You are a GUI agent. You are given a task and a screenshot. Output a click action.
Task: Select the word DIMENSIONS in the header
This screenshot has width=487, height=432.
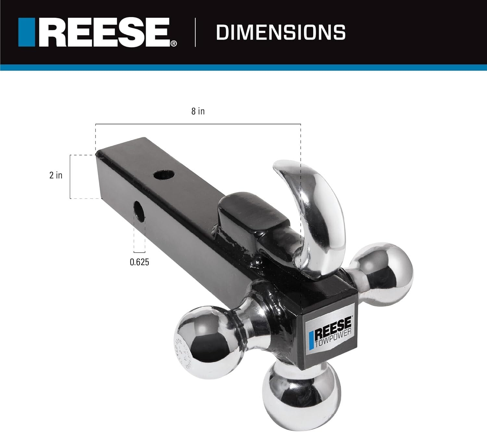click(x=281, y=33)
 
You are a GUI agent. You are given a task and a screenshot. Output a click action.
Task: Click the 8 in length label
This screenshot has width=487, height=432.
click(x=198, y=111)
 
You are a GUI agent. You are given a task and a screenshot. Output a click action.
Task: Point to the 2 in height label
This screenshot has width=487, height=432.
click(x=56, y=175)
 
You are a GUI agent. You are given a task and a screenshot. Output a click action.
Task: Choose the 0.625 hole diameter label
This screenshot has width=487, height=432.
click(x=139, y=262)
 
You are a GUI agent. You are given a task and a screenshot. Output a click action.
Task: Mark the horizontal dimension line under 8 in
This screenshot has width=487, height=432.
click(x=198, y=124)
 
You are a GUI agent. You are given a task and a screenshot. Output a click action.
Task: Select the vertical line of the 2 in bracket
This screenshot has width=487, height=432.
click(x=70, y=177)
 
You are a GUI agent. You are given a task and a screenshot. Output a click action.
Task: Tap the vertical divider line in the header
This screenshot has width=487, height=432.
click(x=195, y=33)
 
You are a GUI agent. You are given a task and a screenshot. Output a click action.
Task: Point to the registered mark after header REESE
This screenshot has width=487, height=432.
click(x=174, y=44)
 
